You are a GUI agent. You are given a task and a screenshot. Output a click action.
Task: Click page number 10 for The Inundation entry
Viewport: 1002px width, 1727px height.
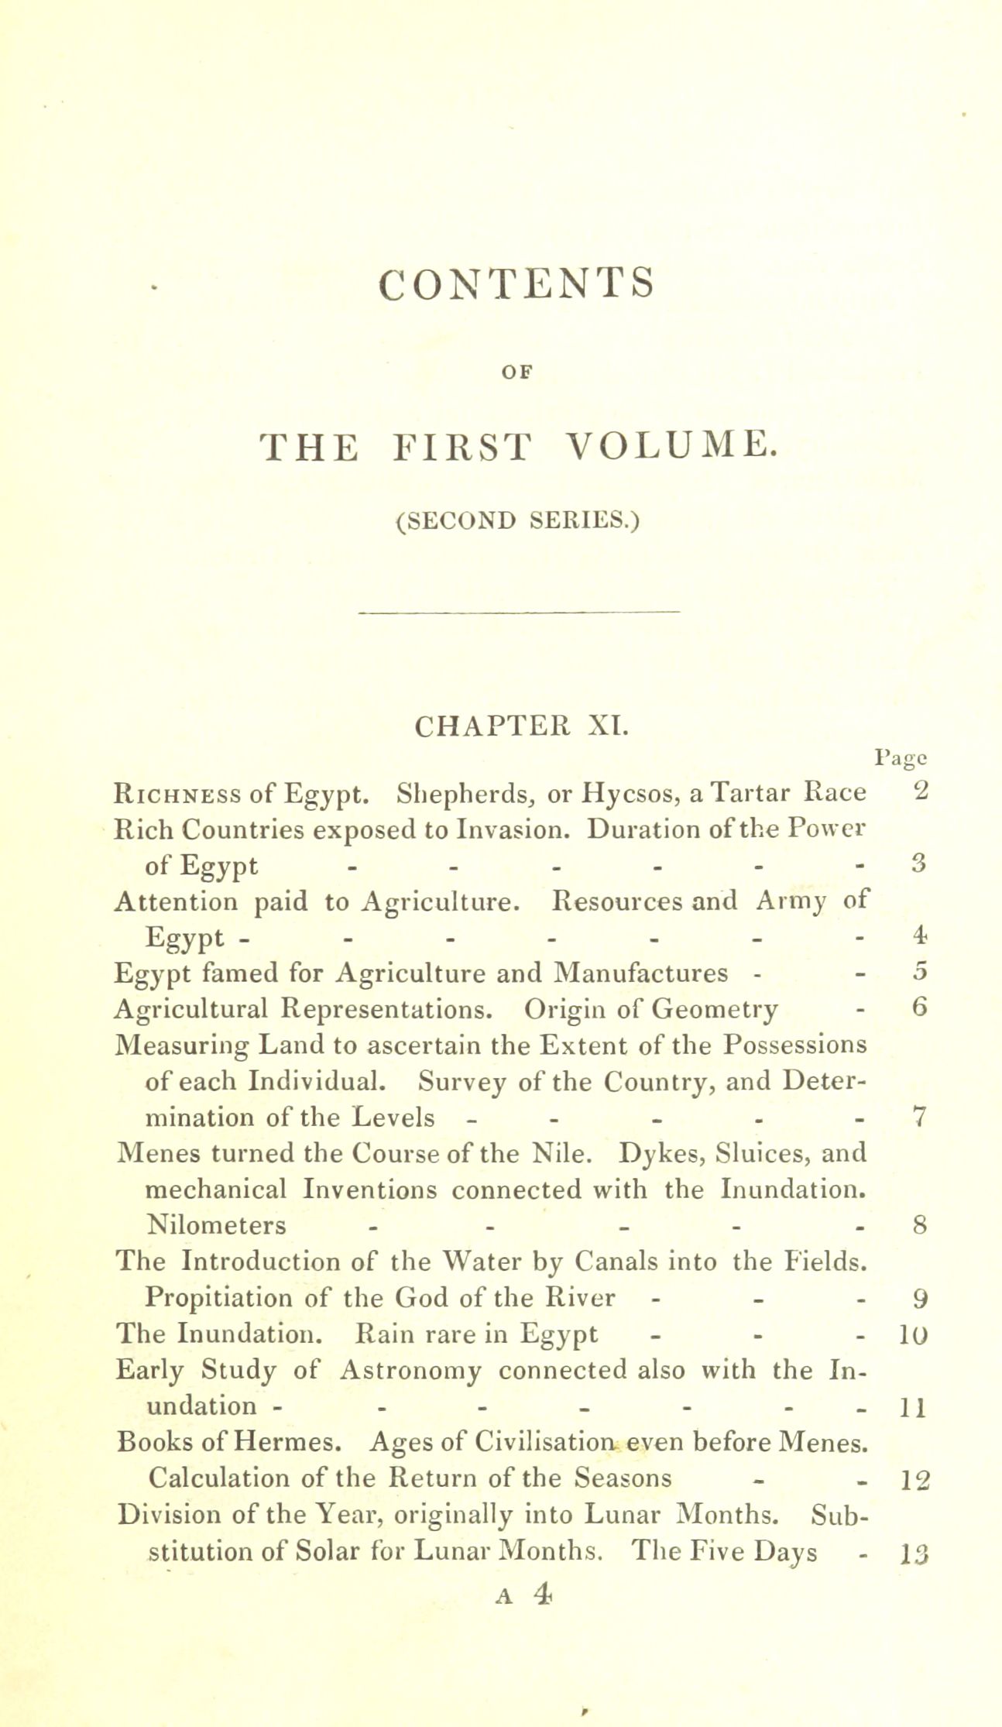pos(910,1334)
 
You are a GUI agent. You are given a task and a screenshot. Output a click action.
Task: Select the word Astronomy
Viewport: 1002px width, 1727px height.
pos(410,1370)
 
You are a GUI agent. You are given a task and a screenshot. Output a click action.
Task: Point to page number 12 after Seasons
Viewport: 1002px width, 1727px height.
pos(911,1479)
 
